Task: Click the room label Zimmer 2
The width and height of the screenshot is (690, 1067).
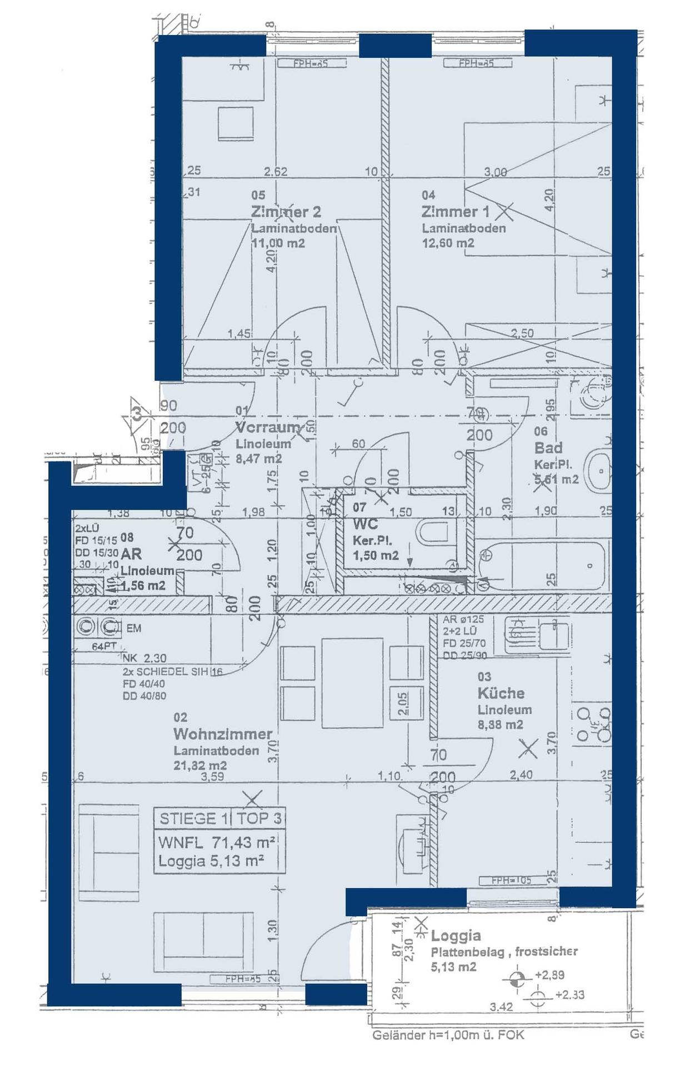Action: tap(286, 212)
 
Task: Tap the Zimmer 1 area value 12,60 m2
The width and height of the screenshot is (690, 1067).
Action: tap(448, 243)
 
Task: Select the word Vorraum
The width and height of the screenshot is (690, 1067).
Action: tap(267, 427)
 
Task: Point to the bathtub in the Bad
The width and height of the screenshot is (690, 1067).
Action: tap(542, 566)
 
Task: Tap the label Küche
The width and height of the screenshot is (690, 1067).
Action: tap(501, 693)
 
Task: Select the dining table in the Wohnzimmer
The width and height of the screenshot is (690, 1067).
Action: tap(352, 683)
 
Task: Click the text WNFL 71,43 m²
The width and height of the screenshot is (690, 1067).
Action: tap(217, 842)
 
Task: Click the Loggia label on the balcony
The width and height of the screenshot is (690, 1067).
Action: tap(456, 936)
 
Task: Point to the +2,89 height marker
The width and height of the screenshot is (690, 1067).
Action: tap(549, 975)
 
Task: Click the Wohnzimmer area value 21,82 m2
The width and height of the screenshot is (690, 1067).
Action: tap(200, 765)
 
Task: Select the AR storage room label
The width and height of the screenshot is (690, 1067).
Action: tap(131, 554)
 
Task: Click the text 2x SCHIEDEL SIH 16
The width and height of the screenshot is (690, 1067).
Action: tap(172, 671)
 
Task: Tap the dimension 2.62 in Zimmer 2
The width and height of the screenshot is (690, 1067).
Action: tap(276, 172)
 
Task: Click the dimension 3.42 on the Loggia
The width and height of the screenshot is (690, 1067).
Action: tap(501, 1006)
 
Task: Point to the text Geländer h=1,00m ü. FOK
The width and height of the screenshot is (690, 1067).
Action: tap(448, 1035)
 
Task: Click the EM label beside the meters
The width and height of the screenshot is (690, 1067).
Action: tap(133, 628)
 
